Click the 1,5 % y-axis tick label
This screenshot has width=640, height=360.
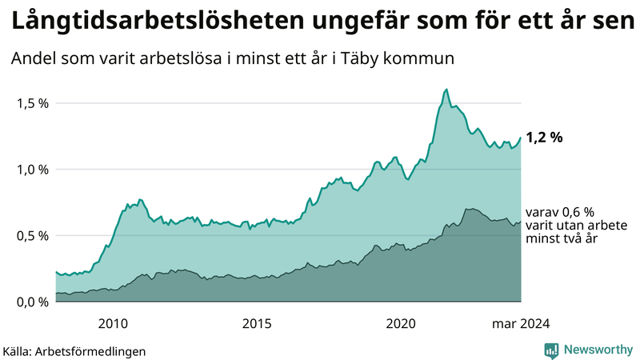click(x=31, y=103)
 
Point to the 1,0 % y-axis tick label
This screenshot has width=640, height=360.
click(x=31, y=170)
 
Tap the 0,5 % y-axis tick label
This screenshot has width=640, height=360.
click(x=31, y=236)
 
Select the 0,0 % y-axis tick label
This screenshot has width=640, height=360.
click(x=31, y=302)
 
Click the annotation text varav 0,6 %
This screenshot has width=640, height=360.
click(x=560, y=212)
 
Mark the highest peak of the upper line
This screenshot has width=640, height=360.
click(x=446, y=90)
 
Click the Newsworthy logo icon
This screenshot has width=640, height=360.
click(x=551, y=350)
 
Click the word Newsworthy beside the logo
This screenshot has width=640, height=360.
click(x=598, y=350)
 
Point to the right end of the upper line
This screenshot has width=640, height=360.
click(x=521, y=138)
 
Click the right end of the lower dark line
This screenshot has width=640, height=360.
click(x=521, y=222)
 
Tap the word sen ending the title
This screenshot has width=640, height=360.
click(x=612, y=22)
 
